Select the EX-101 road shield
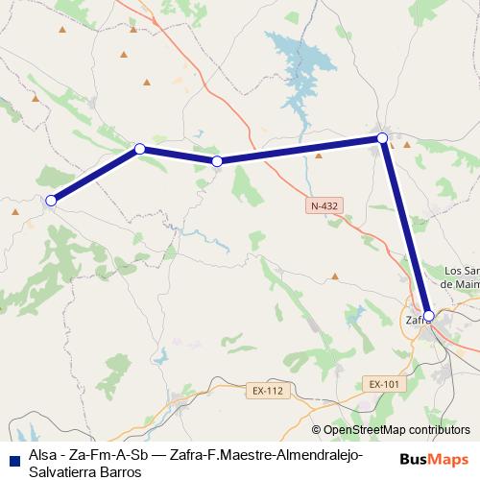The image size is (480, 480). (383, 384)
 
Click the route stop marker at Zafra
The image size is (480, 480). (429, 315)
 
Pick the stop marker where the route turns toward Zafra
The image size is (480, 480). (383, 138)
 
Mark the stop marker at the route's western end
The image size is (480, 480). (51, 201)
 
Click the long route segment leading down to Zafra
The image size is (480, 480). (406, 227)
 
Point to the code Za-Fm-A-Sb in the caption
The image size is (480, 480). (105, 456)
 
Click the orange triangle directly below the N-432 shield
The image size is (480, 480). (335, 276)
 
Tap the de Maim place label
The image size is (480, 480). (460, 283)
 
